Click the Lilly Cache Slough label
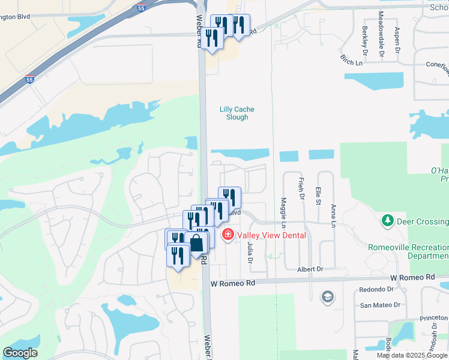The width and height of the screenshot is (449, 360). (x=237, y=113)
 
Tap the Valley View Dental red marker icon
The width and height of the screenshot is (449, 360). (x=228, y=235)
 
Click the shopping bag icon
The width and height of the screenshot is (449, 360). (x=196, y=242)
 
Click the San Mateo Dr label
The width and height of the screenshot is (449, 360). (x=379, y=305)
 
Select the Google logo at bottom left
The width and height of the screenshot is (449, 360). (x=20, y=353)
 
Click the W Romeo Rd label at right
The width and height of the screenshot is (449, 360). (x=412, y=277)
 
